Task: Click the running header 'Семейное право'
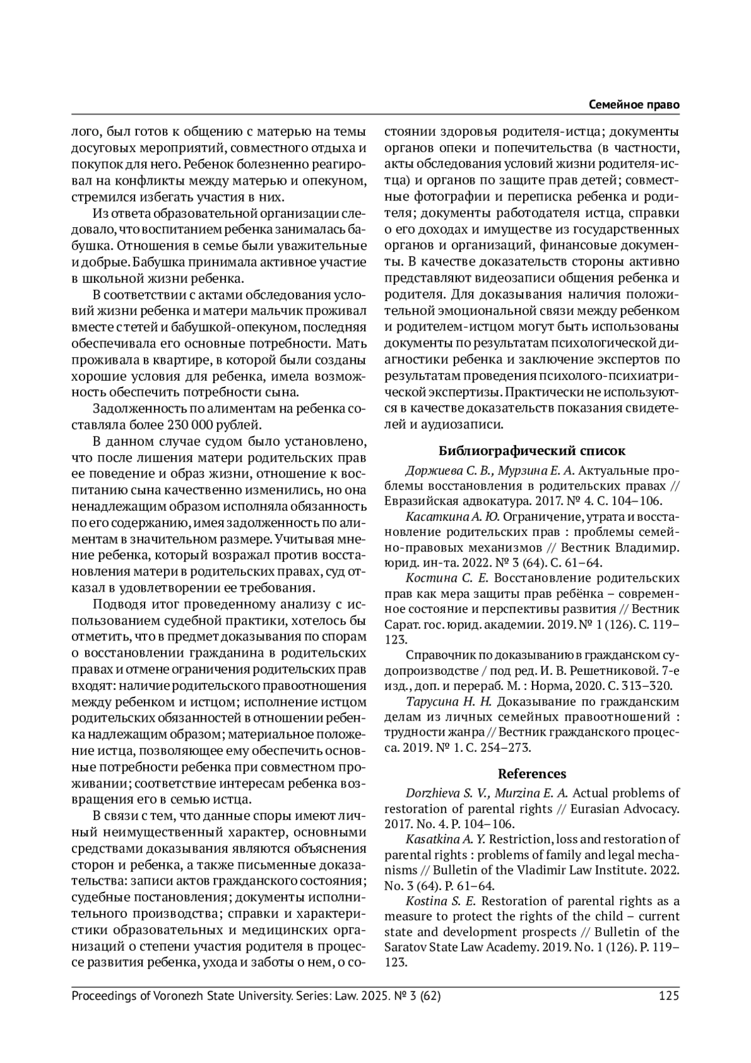pos(634,105)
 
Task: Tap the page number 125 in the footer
pos(668,996)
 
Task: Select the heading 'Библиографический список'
pos(531,450)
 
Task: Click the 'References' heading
pos(531,773)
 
